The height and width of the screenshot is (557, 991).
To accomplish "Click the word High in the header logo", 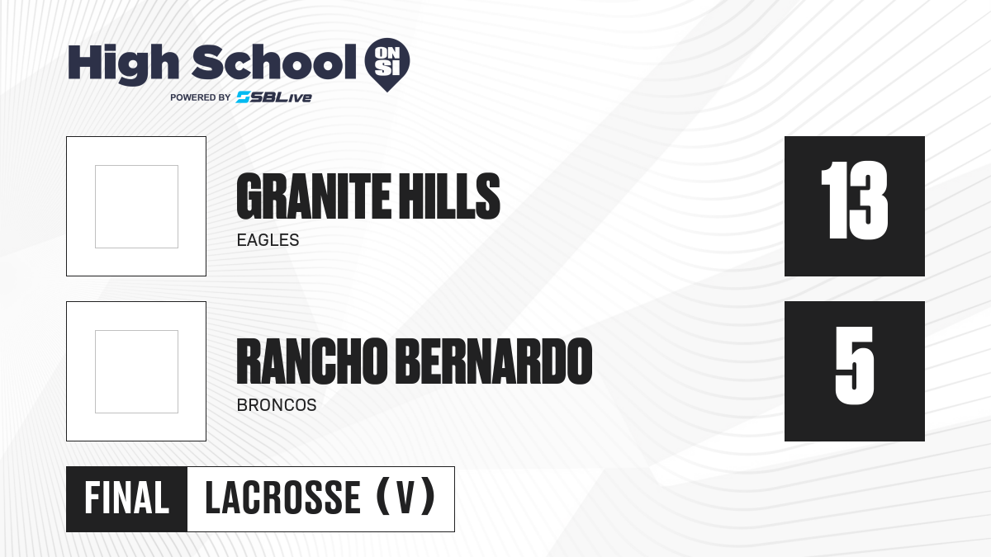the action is [123, 64].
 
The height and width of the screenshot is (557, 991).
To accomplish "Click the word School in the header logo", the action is [274, 62].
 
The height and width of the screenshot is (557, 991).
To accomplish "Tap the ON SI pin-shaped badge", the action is [387, 64].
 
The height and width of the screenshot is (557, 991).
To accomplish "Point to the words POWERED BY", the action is [201, 97].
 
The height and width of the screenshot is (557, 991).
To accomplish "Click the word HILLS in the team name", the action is [449, 196].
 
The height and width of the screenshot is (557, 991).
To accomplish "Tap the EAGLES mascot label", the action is [268, 240].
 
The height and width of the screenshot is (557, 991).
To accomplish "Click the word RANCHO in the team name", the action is [312, 361].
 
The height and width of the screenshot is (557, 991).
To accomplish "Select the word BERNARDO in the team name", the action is [494, 361].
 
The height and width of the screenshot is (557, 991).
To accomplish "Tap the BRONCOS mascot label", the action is [277, 405].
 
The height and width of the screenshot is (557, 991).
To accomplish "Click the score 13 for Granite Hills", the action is [854, 201].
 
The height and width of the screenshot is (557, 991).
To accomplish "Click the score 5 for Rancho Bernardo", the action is [854, 366].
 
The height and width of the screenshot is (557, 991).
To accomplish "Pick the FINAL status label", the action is [127, 498].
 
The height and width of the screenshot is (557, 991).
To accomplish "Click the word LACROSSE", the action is [283, 498].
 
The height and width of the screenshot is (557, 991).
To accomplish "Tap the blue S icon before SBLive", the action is [244, 97].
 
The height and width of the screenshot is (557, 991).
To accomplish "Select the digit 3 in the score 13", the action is [870, 201].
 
